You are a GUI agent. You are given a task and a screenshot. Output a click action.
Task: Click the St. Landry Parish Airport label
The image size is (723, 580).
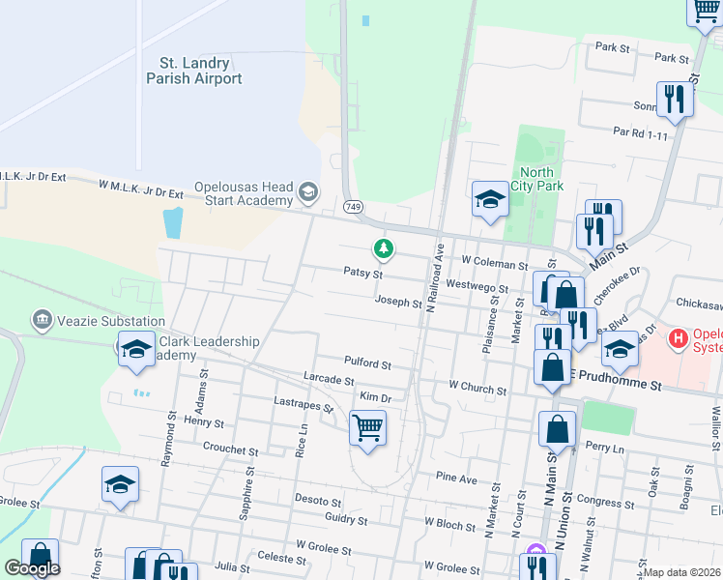tap(194, 71)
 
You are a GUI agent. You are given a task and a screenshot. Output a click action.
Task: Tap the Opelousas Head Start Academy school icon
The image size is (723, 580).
tap(307, 191)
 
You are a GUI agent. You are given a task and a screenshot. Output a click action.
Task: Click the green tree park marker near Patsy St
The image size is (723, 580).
tap(385, 249)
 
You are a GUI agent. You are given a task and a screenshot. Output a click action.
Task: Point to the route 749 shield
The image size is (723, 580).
tap(353, 206)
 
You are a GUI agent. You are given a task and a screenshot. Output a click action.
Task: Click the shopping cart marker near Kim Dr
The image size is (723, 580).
tap(367, 426)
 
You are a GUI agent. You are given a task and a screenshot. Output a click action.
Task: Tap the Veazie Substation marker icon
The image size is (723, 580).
tap(41, 318)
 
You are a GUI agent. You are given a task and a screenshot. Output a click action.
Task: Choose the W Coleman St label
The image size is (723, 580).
tap(494, 262)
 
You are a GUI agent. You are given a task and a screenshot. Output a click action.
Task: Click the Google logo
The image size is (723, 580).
tap(32, 568)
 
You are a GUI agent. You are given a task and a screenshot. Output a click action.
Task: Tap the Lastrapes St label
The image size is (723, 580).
tap(304, 405)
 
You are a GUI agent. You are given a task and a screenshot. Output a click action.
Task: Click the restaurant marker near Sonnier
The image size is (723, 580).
tap(673, 98)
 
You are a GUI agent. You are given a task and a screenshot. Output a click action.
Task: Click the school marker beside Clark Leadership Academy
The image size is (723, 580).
tap(136, 349)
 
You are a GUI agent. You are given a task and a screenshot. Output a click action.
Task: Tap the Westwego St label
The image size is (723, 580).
tap(477, 286)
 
